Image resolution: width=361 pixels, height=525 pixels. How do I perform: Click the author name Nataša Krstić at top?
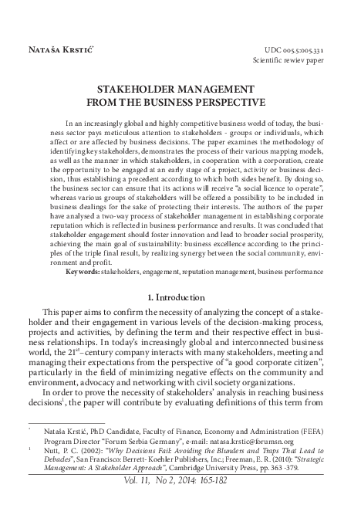[x=56, y=49]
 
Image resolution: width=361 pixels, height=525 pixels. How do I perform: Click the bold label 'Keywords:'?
[x=83, y=273]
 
